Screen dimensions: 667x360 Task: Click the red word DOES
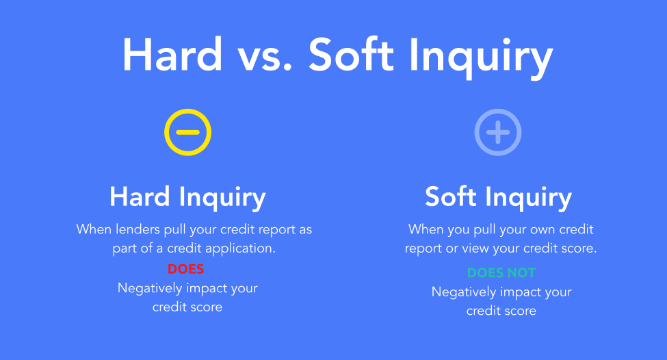coord(186,269)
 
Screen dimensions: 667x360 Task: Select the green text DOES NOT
coord(501,273)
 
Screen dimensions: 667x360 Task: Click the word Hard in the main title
coord(172,55)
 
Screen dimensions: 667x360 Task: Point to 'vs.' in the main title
coord(265,59)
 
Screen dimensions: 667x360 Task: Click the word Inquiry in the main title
coord(481,57)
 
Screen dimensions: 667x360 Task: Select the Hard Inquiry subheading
coord(187,198)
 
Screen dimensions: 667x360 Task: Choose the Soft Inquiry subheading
coord(498,198)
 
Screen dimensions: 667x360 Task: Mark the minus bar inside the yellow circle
coord(187,132)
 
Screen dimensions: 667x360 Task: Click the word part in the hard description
coord(124,249)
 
